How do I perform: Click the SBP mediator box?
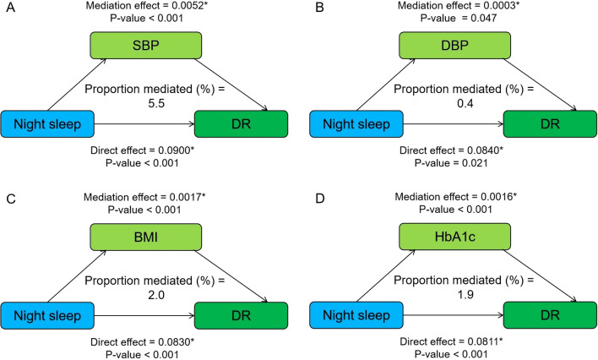(x=145, y=46)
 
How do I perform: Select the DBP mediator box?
(x=454, y=46)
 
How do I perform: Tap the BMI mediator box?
(x=145, y=237)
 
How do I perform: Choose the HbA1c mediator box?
(x=454, y=237)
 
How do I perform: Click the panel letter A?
(x=11, y=8)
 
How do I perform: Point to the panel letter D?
(x=319, y=199)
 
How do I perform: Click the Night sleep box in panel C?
(x=47, y=316)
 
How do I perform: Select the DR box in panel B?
(x=550, y=124)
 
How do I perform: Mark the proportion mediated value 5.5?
(x=156, y=103)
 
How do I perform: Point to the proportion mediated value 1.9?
(x=465, y=295)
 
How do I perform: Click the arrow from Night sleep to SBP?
(x=77, y=85)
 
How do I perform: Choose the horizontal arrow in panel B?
(x=454, y=124)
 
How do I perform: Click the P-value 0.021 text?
(x=476, y=163)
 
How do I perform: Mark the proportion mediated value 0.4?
(x=465, y=103)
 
